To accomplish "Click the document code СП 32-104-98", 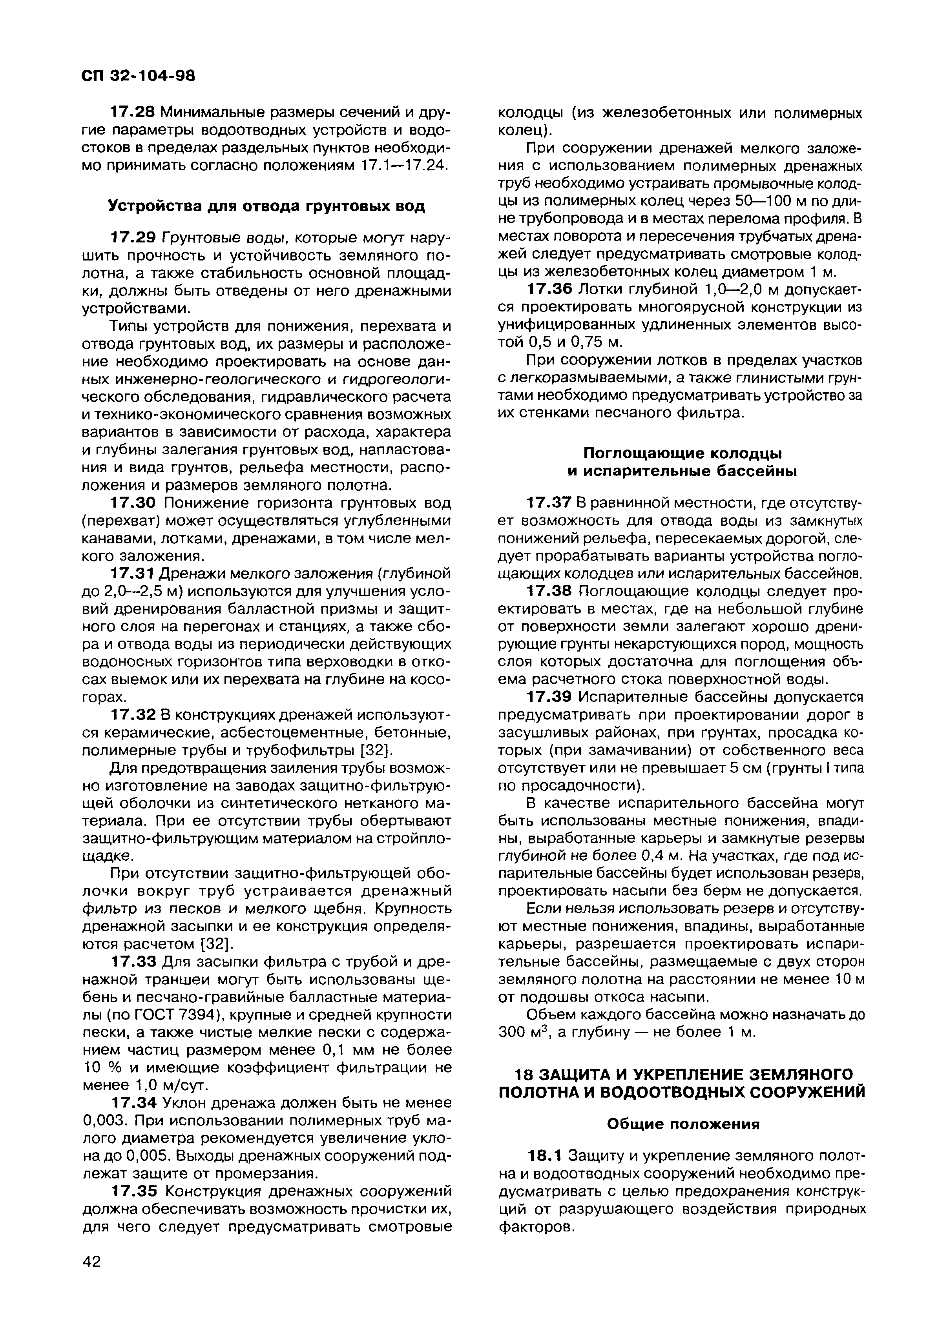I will click(x=138, y=76).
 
